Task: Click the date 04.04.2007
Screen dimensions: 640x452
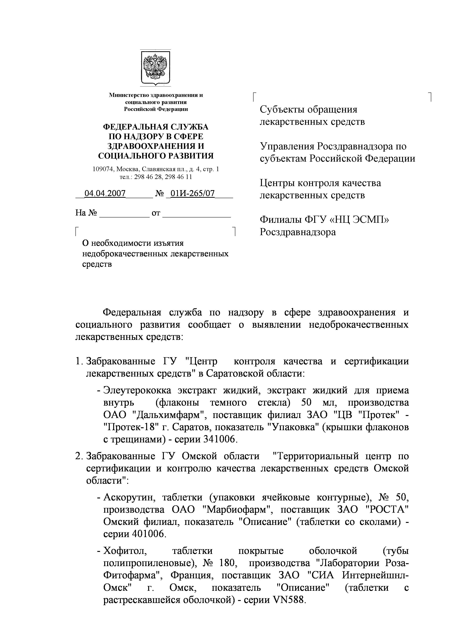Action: pyautogui.click(x=105, y=193)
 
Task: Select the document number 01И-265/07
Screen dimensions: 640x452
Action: pyautogui.click(x=192, y=193)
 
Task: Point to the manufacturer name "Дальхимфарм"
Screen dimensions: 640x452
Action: pyautogui.click(x=168, y=415)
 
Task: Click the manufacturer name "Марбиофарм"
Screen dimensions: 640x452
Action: pyautogui.click(x=237, y=509)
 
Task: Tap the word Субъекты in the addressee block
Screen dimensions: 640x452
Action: pyautogui.click(x=281, y=109)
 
